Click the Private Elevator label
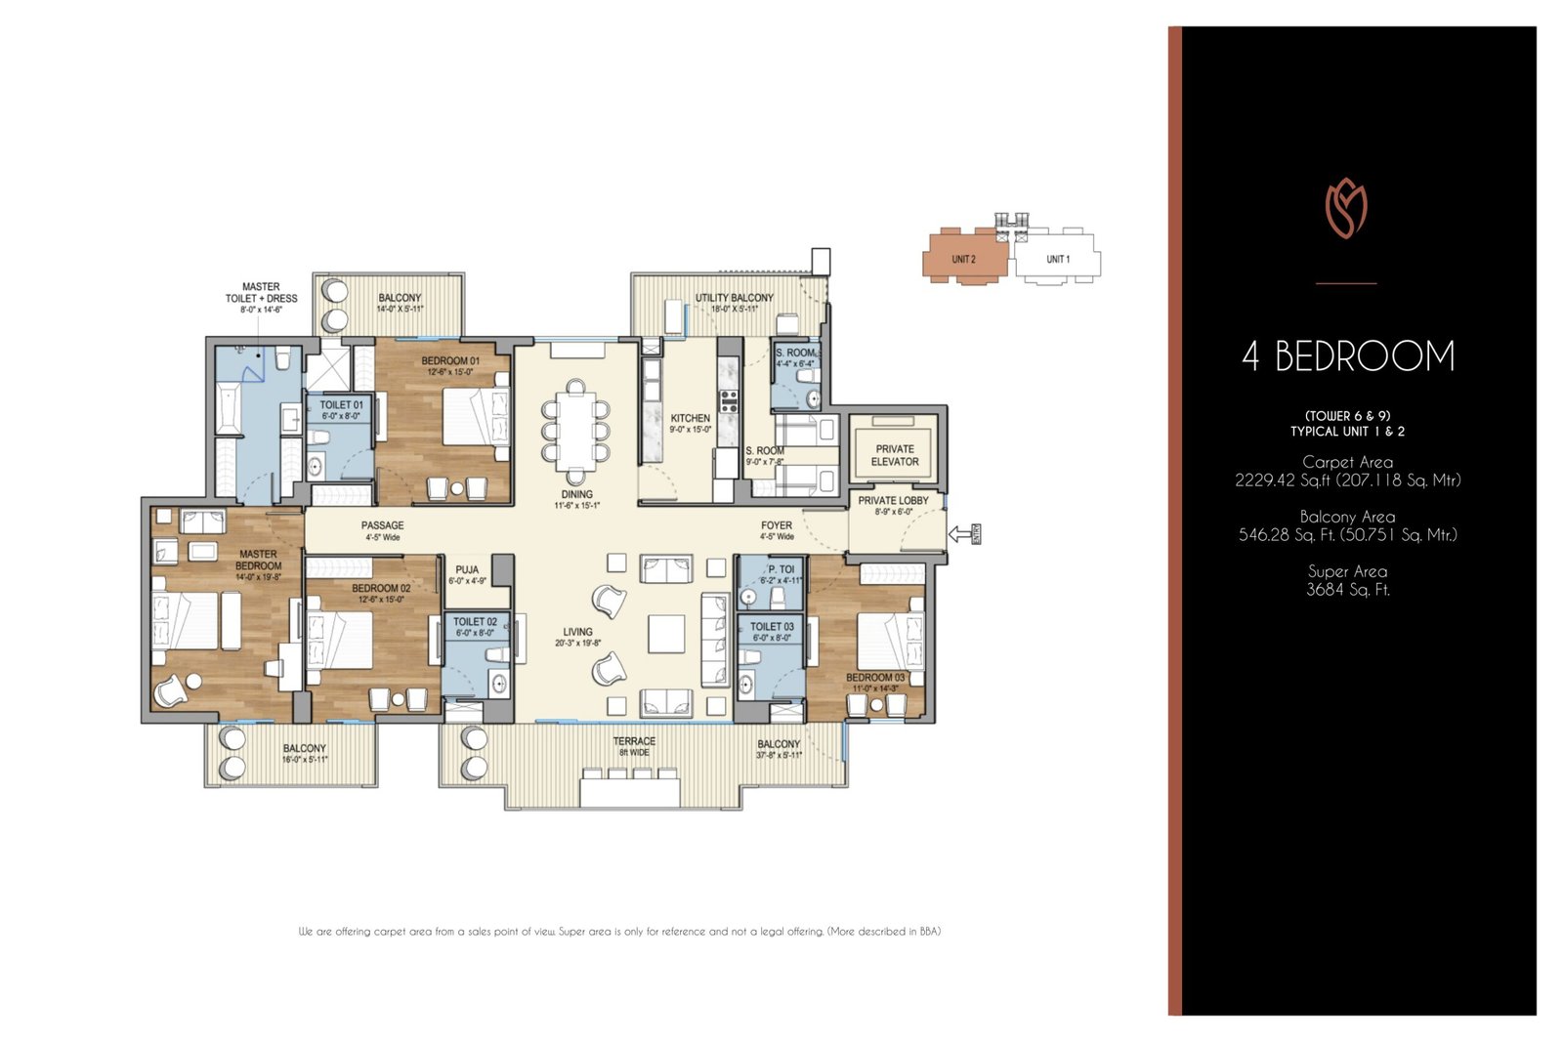(895, 455)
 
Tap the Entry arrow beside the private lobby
(962, 533)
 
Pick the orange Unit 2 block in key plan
(964, 259)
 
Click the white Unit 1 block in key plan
(1057, 259)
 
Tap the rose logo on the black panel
(1346, 209)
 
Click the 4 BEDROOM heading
(1348, 356)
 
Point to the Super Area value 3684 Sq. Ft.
(1348, 590)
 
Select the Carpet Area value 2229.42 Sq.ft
(1348, 480)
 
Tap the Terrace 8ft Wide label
(634, 746)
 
